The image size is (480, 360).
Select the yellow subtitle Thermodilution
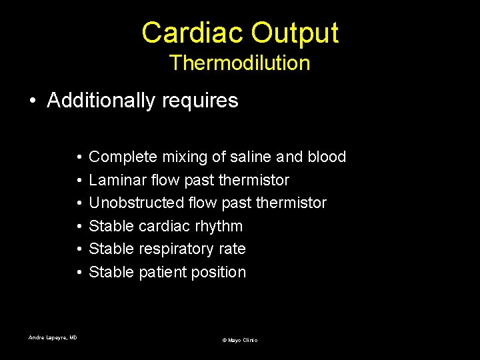239,63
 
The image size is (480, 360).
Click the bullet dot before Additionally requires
33,101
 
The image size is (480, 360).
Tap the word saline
251,157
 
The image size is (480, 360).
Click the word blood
327,157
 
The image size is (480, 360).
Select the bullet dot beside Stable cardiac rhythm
79,227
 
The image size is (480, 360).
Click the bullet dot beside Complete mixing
79,158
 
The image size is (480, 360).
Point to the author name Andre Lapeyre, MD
53,338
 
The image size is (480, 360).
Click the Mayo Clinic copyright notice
239,340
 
